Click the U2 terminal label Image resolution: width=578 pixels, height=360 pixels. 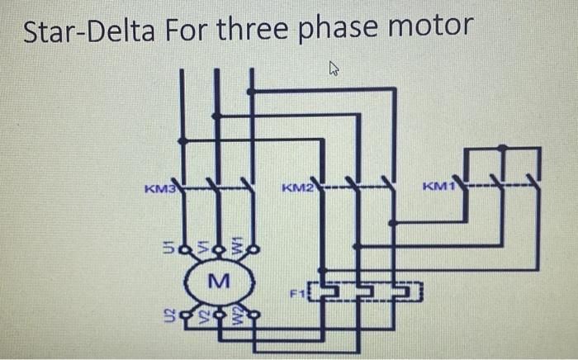pyautogui.click(x=168, y=314)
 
